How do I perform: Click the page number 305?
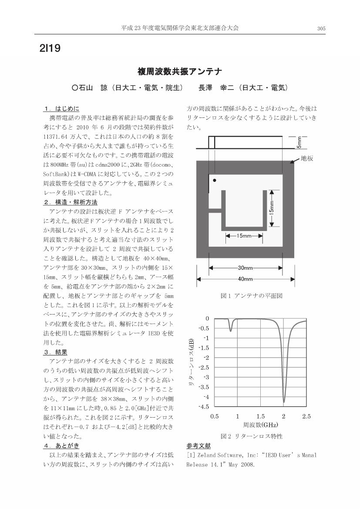321,28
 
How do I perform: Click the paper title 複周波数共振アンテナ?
180,71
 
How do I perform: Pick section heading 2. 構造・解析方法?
70,202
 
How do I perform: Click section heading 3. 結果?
55,352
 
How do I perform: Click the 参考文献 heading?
198,446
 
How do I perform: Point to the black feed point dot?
215,180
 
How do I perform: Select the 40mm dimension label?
245,279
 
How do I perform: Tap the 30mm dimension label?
246,268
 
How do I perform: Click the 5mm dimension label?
299,142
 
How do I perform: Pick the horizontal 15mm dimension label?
244,236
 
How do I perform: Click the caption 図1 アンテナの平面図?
246,296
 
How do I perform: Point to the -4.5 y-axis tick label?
203,407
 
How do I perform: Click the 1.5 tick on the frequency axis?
260,416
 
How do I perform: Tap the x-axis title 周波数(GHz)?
260,425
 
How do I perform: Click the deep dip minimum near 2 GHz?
284,402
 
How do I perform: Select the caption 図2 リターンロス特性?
246,436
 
